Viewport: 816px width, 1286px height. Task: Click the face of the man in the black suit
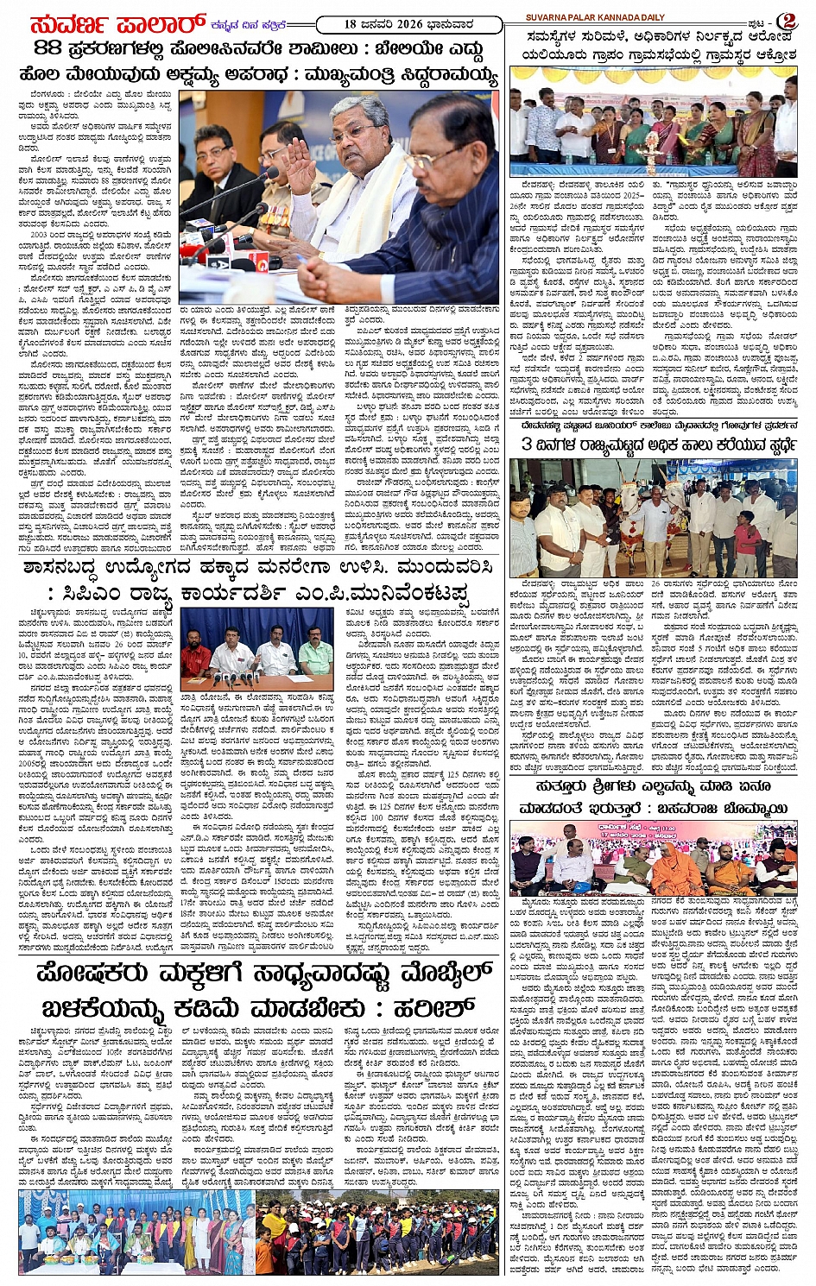coord(212,144)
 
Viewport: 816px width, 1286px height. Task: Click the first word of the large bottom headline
coord(99,975)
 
